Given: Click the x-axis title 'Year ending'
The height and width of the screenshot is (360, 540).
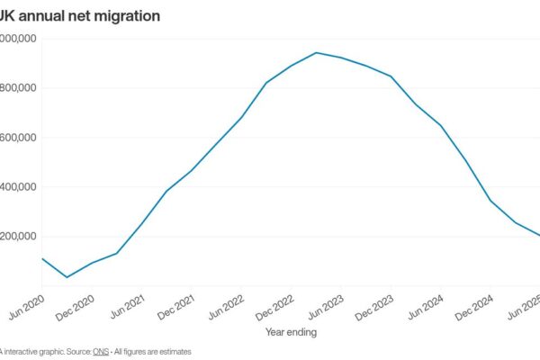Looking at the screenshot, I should [x=291, y=331].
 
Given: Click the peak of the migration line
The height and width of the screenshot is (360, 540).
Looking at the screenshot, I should [x=316, y=52].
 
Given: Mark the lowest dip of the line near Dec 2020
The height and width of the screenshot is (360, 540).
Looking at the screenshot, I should [x=67, y=277].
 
